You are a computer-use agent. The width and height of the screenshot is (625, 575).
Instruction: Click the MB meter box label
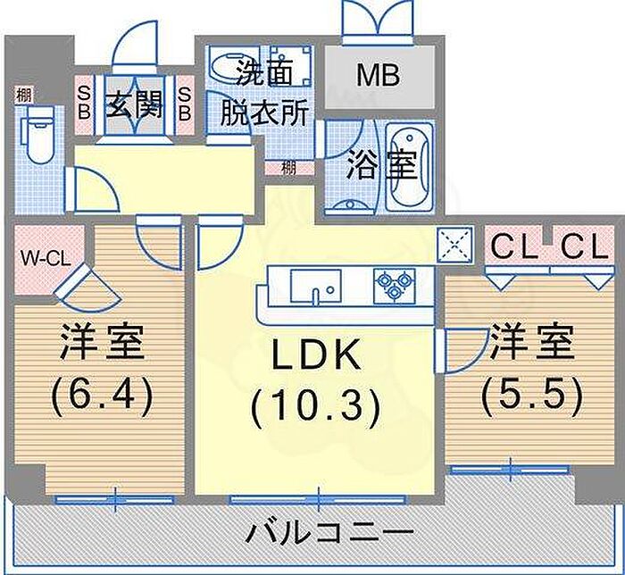(379, 76)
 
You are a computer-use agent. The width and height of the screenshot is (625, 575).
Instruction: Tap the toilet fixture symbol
(38, 134)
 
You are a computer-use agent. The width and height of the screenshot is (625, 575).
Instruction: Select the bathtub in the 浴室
(410, 166)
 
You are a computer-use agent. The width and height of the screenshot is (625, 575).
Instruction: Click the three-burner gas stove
(395, 285)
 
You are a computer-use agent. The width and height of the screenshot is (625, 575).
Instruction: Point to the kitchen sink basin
(315, 286)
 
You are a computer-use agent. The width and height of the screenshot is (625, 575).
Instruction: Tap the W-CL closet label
(46, 260)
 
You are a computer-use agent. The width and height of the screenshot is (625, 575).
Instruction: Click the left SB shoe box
(84, 104)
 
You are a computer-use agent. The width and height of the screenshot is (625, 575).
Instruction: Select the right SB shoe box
(185, 104)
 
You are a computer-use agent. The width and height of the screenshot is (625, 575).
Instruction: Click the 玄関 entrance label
(134, 104)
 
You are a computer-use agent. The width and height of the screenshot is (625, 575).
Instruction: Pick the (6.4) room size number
(102, 396)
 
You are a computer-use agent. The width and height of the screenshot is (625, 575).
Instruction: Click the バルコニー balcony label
(328, 532)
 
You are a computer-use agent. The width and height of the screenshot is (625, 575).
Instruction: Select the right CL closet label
(584, 247)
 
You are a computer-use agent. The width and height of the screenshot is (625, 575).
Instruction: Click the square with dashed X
(454, 245)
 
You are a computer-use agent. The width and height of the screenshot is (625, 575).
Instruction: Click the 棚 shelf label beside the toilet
(23, 96)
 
